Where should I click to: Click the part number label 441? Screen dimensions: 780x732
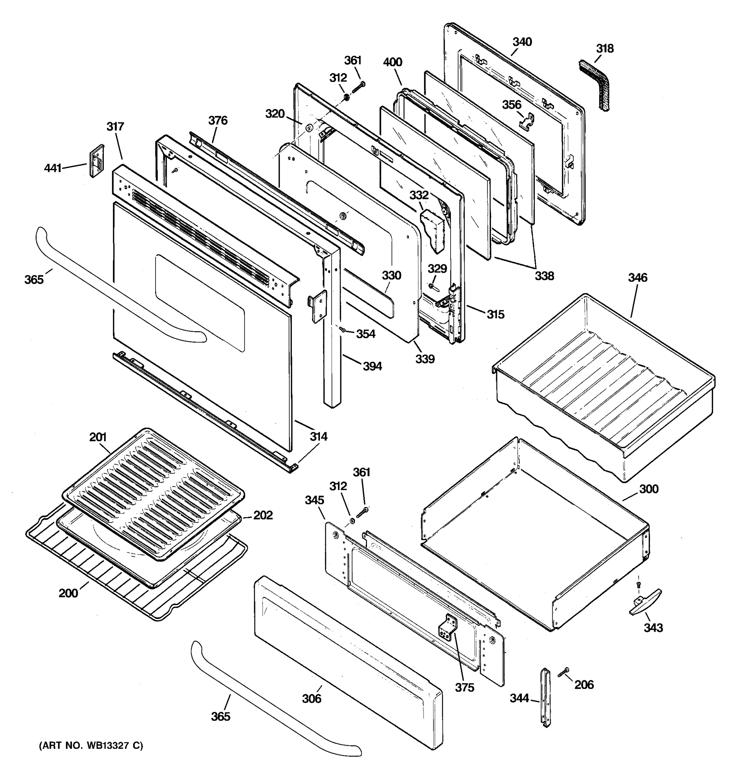click(52, 168)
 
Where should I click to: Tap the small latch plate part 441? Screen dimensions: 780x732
click(97, 161)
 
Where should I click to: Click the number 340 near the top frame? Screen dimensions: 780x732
click(522, 42)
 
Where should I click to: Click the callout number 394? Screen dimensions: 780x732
click(372, 366)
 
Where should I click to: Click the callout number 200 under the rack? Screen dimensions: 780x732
click(68, 593)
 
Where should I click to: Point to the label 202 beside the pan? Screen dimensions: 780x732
click(263, 515)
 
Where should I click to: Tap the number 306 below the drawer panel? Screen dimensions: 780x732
click(311, 698)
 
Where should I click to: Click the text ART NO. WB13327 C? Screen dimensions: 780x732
click(91, 746)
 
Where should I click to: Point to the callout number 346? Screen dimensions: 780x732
click(637, 278)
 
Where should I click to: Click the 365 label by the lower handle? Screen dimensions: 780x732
click(220, 716)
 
